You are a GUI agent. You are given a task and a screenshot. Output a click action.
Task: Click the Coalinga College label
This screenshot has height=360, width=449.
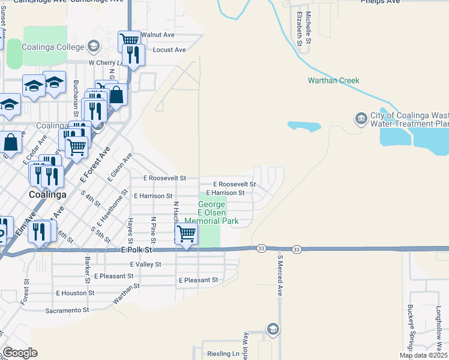pos(53,46)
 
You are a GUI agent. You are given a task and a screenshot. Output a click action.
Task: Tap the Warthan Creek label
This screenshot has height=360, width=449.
pos(333,80)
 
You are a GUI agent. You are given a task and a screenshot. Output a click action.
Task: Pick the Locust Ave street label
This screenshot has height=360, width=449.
pos(170,50)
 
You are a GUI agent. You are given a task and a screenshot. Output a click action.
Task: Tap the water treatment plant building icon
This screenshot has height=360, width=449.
pos(361,118)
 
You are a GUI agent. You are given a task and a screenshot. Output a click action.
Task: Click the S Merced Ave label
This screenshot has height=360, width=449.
pos(280,274)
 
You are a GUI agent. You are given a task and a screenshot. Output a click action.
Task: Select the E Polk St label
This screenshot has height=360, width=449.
pos(137,249)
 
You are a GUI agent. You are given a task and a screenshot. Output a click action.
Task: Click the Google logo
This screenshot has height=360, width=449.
pos(20,353)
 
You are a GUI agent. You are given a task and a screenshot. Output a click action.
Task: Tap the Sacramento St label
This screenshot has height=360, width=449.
pos(67,310)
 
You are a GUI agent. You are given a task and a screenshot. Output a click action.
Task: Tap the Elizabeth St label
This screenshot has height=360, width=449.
pos(298,28)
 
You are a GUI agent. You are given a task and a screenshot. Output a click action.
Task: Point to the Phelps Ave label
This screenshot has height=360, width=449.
pos(380,2)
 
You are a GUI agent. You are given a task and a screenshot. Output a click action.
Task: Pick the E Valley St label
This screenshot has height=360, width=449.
pos(145,264)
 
